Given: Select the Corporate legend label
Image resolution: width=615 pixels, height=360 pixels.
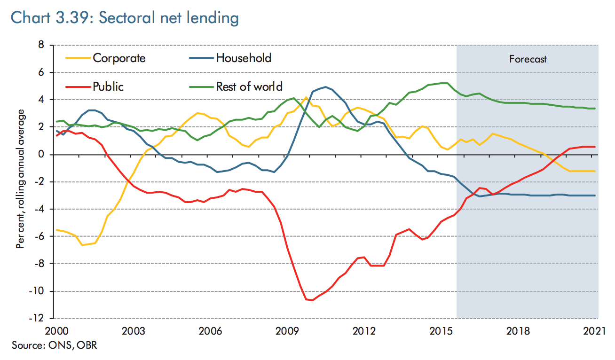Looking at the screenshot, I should [x=119, y=58].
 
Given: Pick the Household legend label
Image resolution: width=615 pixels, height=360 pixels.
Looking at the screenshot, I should [x=244, y=58].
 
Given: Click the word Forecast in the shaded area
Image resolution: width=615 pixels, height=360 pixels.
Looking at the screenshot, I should [x=528, y=59].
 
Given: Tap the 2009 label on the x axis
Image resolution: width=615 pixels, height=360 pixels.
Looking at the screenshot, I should [x=287, y=330].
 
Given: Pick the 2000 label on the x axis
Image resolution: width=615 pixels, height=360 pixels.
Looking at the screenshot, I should [x=55, y=330].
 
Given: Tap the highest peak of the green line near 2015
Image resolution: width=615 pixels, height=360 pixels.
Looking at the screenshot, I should [x=444, y=83].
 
